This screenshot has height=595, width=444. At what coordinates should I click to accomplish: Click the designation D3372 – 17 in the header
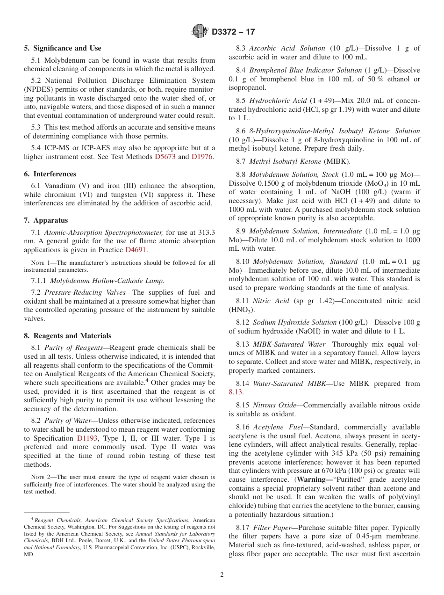(x=233, y=32)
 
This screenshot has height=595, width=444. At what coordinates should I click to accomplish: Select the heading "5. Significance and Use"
(x=63, y=48)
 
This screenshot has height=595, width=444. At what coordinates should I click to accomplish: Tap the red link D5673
(x=165, y=157)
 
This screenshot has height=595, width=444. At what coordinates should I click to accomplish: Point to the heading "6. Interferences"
(x=50, y=174)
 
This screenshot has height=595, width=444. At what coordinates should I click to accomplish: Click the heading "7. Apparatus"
(x=46, y=220)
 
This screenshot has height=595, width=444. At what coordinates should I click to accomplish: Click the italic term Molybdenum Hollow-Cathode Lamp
(x=107, y=281)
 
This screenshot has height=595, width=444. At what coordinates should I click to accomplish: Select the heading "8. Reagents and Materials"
(x=68, y=336)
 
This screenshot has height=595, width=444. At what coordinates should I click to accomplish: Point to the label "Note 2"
(x=41, y=477)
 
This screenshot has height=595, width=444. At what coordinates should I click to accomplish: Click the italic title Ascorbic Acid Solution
(x=287, y=48)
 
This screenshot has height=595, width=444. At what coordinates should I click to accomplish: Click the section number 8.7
(x=241, y=161)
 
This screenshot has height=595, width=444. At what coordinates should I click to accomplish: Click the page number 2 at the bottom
(x=222, y=575)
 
